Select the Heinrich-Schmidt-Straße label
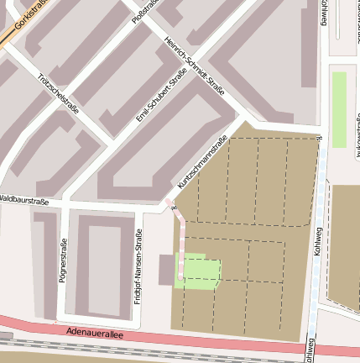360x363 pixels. click(195, 68)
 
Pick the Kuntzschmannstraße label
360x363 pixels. click(203, 162)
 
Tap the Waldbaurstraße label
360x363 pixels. click(23, 201)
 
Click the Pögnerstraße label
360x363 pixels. click(63, 260)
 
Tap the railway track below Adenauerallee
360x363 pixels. click(126, 350)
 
